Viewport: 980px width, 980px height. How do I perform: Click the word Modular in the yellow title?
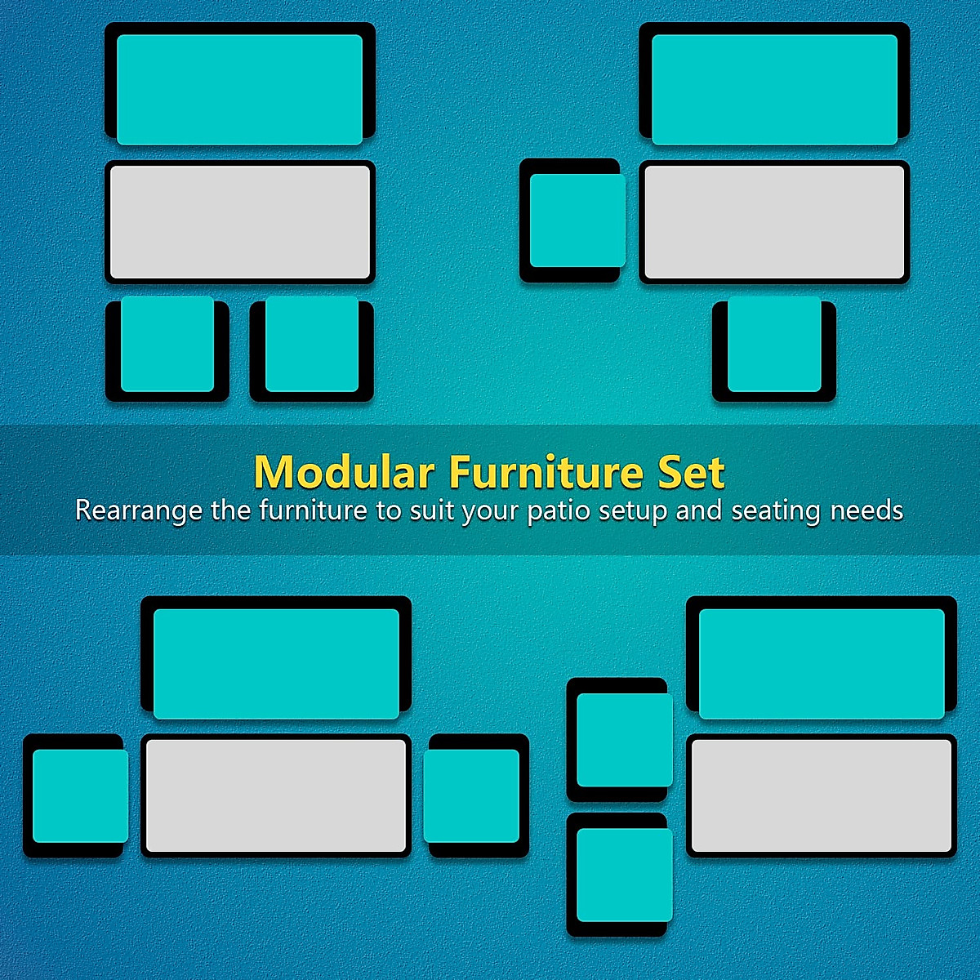[343, 472]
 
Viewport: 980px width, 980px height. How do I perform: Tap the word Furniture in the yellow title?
[546, 472]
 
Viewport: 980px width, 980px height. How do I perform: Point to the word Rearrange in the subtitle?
[139, 510]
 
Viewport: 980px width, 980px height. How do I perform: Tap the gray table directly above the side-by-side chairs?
[240, 221]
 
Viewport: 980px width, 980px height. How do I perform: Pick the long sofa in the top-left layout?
[240, 86]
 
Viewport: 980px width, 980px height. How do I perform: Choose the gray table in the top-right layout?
[774, 221]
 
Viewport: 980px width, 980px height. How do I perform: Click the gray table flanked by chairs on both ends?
[276, 795]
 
